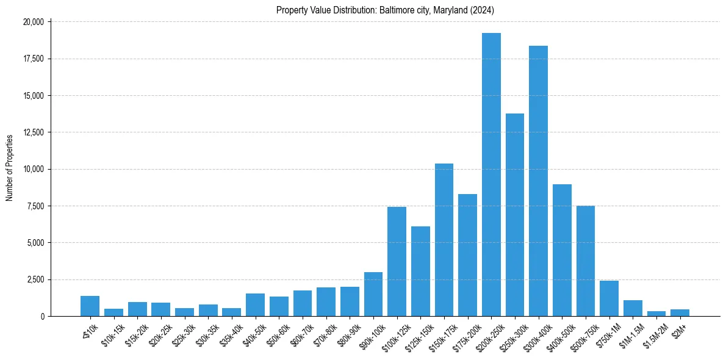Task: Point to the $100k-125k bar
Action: coord(397,262)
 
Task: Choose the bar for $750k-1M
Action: coord(609,298)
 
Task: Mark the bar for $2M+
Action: coord(680,312)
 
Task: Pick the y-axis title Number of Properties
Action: coord(10,168)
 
